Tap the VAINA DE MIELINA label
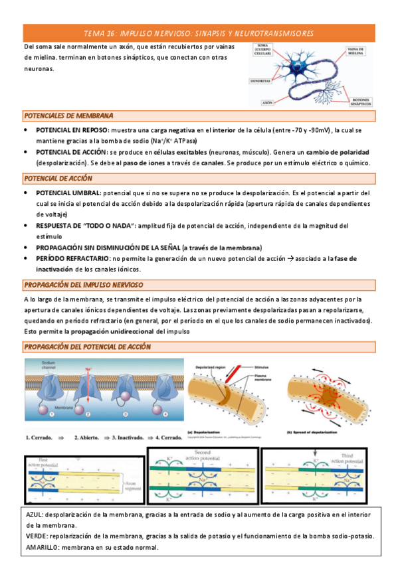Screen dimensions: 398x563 (359, 51)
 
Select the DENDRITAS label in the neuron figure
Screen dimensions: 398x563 (260, 81)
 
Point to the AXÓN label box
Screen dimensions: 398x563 (268, 103)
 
